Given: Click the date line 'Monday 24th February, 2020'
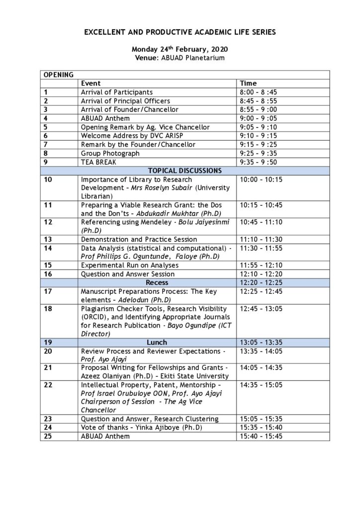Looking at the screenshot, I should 180,50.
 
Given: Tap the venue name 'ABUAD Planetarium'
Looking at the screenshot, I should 196,58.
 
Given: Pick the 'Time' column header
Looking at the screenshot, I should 248,84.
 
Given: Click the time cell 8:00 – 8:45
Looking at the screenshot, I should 259,92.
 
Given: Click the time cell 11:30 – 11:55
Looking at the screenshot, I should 262,248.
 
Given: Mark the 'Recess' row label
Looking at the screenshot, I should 157,282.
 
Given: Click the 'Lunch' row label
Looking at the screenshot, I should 157,342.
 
